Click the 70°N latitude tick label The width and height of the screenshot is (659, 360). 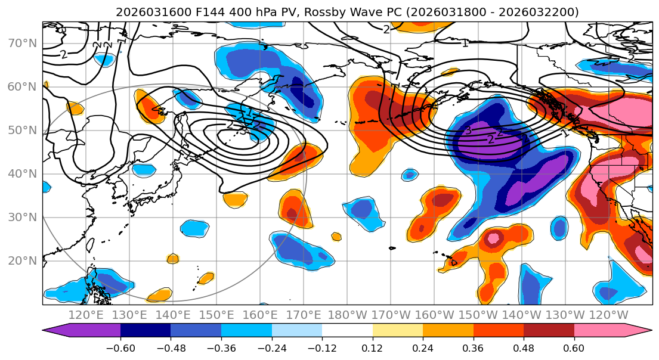(x=21, y=44)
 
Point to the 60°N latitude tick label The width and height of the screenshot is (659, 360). (x=21, y=87)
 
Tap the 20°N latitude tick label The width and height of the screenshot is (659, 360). (x=21, y=261)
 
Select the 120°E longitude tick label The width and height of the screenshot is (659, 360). (x=86, y=315)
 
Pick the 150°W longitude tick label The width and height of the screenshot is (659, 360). (x=478, y=315)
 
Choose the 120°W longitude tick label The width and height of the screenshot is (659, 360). (x=608, y=315)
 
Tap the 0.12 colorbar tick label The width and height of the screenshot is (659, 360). (x=372, y=347)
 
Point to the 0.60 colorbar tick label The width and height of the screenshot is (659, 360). (x=574, y=347)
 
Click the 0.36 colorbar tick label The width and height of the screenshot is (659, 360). (x=473, y=347)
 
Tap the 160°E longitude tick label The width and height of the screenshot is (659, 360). (x=260, y=315)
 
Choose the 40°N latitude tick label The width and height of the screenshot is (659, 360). (x=21, y=174)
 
